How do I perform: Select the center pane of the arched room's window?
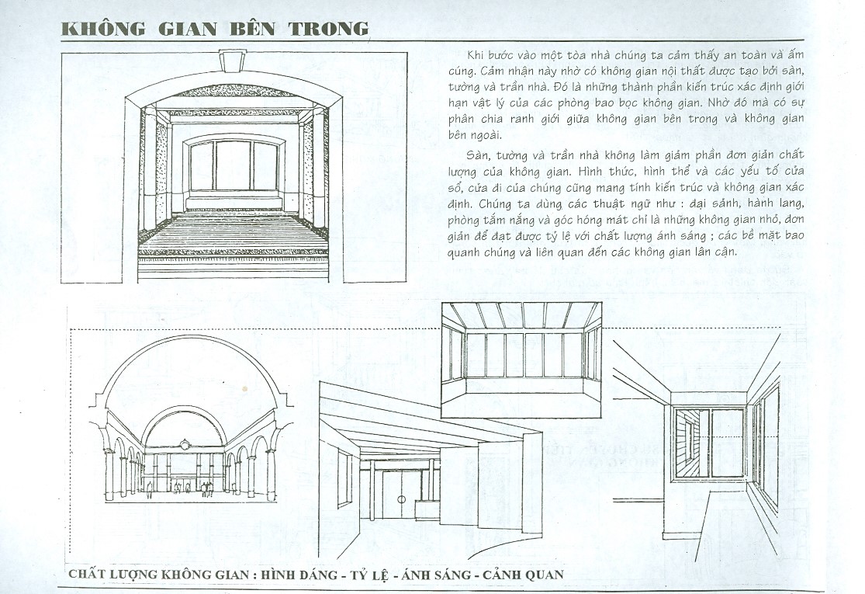pyautogui.click(x=232, y=165)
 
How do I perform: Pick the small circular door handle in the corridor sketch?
pyautogui.click(x=402, y=499)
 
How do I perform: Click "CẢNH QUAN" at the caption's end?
pyautogui.click(x=523, y=574)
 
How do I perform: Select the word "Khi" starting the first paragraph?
pyautogui.click(x=476, y=54)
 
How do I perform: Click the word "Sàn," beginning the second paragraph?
pyautogui.click(x=479, y=155)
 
